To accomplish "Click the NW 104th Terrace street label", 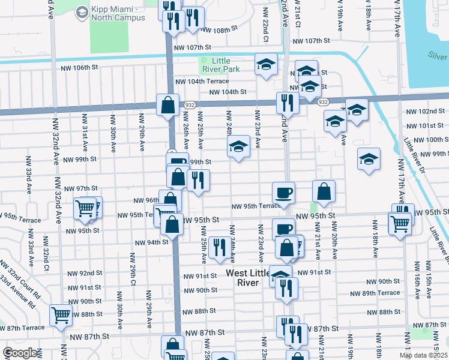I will click(202, 81).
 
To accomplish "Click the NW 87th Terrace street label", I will click(22, 328).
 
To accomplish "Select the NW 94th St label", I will click(150, 242).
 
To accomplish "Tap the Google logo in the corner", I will click(20, 353).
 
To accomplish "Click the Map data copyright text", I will click(423, 356).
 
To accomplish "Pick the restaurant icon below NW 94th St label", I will click(220, 246).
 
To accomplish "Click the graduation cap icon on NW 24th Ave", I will click(238, 146).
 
